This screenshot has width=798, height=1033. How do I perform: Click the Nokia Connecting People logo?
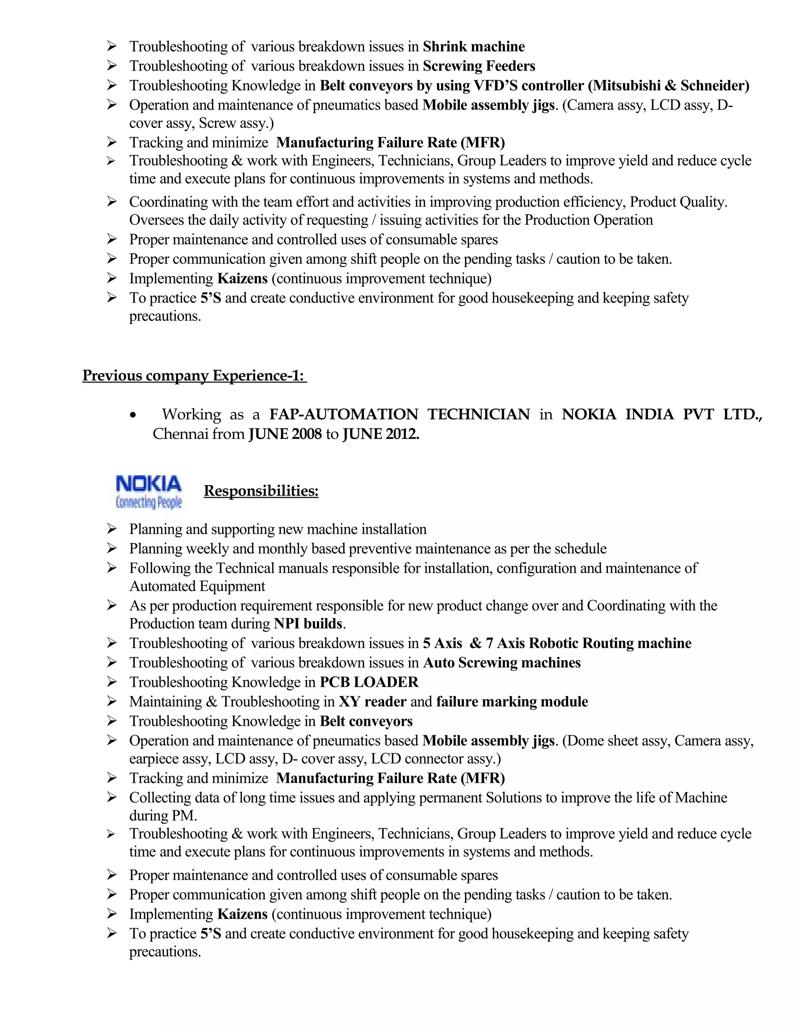(148, 492)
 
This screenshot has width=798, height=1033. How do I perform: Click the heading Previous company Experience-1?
(194, 375)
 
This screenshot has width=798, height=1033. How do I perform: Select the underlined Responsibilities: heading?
(261, 490)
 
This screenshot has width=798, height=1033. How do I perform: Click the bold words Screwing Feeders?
(478, 66)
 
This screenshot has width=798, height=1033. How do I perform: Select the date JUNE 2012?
(381, 434)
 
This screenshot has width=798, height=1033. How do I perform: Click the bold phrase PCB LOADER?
(369, 682)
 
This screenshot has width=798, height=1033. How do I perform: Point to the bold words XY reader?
(372, 701)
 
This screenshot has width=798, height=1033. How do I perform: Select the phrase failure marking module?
(512, 701)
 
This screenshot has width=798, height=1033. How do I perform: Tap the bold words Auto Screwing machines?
(501, 663)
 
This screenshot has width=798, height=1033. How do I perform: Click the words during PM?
(162, 815)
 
